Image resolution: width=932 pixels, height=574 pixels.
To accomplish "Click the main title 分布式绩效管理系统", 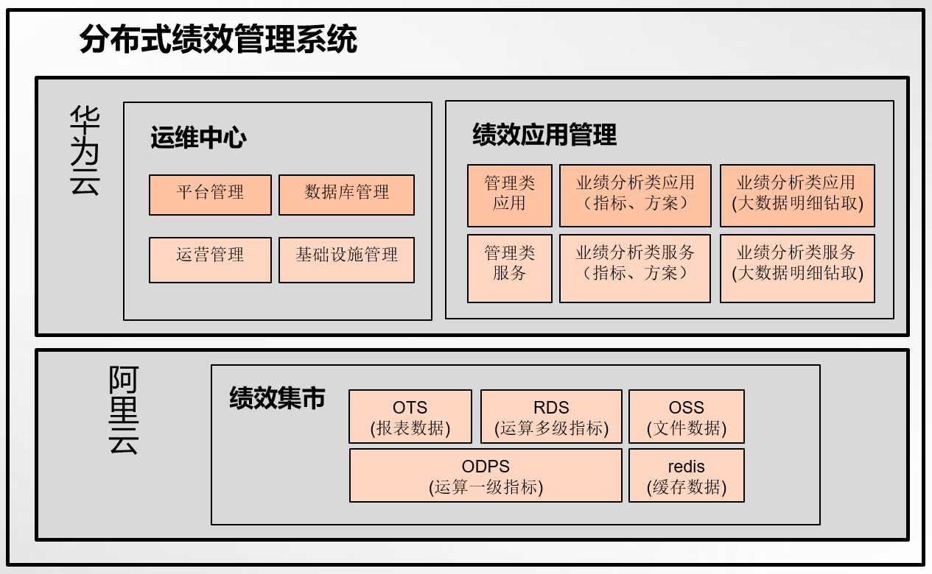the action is click(x=218, y=39).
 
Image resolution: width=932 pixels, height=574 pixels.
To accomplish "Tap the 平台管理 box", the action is click(x=210, y=195).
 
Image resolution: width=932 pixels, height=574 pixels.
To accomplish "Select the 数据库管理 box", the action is click(x=346, y=195).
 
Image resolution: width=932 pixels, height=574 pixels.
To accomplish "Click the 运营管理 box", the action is click(x=210, y=261).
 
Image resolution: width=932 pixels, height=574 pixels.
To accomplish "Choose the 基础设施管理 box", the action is click(x=346, y=261).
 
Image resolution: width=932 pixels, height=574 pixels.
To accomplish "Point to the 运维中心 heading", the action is click(x=198, y=138).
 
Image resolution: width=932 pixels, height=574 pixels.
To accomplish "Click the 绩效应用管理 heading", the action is click(x=544, y=134).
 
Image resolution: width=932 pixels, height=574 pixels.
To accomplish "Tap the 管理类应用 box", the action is click(x=510, y=196).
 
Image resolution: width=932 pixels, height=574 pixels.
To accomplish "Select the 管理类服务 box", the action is click(x=510, y=269).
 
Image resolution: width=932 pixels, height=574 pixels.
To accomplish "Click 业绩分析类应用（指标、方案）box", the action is click(x=635, y=196).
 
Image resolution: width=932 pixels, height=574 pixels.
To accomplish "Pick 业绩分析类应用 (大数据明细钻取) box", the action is click(x=798, y=196).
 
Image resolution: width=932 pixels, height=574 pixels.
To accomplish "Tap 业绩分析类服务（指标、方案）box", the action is click(x=635, y=269).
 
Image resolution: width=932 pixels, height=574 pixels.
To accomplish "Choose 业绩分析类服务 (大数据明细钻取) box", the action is click(x=798, y=269).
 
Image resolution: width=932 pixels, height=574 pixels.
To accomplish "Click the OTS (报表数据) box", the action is click(x=410, y=417).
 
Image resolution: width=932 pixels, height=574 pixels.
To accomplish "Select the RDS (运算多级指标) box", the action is click(x=551, y=417).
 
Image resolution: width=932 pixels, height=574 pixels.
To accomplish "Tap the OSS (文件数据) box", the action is click(x=687, y=417).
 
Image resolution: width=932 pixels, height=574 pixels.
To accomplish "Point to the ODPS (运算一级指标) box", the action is click(x=486, y=475).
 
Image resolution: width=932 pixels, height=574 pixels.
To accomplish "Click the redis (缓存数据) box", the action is click(x=687, y=475).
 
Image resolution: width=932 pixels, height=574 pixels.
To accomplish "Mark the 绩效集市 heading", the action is click(x=277, y=398).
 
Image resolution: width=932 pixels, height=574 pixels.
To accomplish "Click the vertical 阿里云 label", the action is click(x=124, y=410).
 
